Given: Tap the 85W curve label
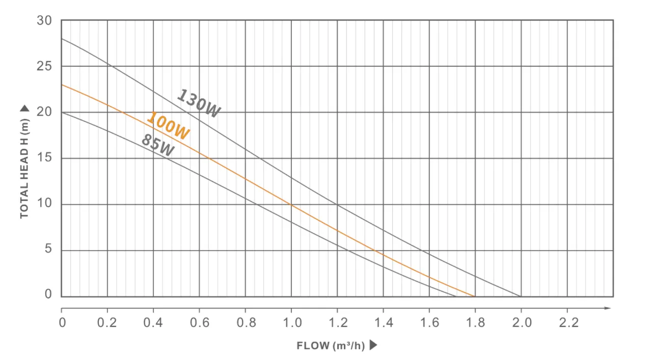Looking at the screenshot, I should (x=157, y=145).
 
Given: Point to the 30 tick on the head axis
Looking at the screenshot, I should (x=44, y=20).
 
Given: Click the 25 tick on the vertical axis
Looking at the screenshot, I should (x=44, y=66).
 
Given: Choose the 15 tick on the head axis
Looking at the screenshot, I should (x=44, y=158).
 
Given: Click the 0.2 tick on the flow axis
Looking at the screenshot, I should (x=107, y=322).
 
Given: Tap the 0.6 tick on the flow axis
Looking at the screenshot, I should (x=199, y=322).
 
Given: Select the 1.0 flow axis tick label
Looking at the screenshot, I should (x=291, y=322).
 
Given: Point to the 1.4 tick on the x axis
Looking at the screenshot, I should (x=383, y=322).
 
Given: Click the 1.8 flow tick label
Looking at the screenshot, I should (x=475, y=322).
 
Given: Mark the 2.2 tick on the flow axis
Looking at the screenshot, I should (x=568, y=322).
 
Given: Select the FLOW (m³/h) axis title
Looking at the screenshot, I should (x=331, y=346).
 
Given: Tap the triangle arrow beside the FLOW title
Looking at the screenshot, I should (x=373, y=345).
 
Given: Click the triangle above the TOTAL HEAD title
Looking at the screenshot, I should (x=24, y=108).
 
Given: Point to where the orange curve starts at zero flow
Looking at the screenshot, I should (x=62, y=85).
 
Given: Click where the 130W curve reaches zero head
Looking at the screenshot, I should (x=521, y=296).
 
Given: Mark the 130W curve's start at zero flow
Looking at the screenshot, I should (x=62, y=39).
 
